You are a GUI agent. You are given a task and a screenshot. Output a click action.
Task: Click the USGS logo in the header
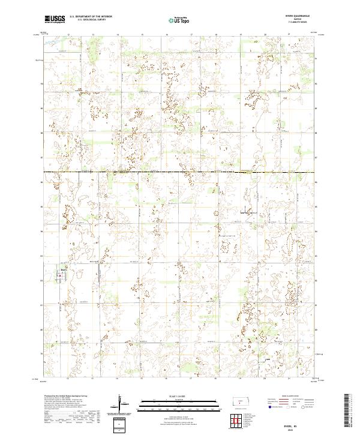[x=55, y=19]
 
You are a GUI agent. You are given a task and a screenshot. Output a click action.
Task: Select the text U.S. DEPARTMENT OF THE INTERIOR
[x=91, y=17]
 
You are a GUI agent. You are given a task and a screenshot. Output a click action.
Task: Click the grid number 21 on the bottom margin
[x=289, y=379]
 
